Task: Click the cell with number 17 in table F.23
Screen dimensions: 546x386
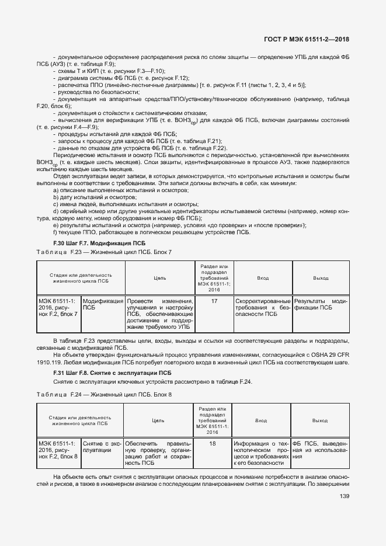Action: [x=214, y=301]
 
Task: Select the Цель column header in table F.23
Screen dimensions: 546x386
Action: [x=159, y=278]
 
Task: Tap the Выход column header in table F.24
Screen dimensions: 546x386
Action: [x=320, y=420]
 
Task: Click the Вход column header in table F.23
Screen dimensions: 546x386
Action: [x=263, y=278]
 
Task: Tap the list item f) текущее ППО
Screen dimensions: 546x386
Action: [x=151, y=232]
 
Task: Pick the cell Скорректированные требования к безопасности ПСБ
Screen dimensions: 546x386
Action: [x=263, y=307]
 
